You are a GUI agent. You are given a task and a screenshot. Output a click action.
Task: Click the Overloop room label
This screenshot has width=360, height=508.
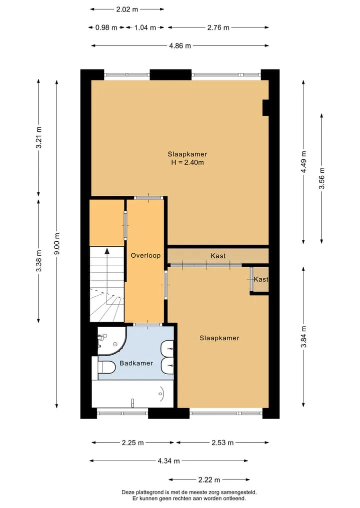click(145, 255)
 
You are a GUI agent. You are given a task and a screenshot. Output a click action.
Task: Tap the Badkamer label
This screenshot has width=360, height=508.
click(136, 363)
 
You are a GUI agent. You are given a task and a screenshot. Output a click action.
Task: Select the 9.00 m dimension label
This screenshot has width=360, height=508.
click(57, 244)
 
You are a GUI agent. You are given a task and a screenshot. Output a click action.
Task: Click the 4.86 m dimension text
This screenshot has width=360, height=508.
click(180, 45)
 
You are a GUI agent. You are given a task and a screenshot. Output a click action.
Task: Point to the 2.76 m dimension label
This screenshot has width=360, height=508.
click(218, 27)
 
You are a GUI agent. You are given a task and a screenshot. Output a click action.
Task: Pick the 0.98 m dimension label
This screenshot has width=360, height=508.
click(106, 27)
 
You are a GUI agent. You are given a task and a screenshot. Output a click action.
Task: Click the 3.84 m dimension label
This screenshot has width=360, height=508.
click(303, 337)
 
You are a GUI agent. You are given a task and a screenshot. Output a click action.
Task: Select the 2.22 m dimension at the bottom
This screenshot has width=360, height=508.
click(209, 480)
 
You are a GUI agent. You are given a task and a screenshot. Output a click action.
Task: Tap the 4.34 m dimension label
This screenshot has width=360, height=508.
click(168, 461)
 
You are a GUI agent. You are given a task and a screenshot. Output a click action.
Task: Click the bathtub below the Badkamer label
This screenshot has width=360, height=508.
click(132, 394)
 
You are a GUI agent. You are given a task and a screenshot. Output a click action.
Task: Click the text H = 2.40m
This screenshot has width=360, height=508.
click(187, 163)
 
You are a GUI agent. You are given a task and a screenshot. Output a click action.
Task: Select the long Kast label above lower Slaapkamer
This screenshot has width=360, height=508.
click(218, 256)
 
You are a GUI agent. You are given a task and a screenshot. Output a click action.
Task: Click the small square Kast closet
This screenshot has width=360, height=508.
click(260, 279)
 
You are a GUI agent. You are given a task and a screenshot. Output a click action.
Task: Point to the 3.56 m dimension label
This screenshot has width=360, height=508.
click(321, 178)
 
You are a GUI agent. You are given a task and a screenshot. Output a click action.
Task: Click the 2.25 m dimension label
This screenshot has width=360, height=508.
click(132, 443)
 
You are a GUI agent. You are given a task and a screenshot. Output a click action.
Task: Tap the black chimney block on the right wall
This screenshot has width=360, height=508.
click(265, 107)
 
